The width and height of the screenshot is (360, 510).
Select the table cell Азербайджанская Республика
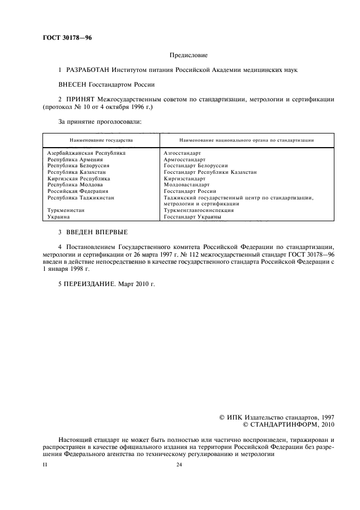(87, 153)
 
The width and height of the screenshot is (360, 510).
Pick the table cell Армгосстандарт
(185, 159)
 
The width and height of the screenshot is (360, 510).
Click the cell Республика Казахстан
(78, 172)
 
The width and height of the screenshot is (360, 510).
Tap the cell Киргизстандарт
(184, 178)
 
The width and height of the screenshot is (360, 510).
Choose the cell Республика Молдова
(75, 185)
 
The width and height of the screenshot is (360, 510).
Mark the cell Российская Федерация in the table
(78, 191)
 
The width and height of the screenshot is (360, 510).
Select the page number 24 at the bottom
(179, 465)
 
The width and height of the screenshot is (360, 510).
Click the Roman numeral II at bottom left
(45, 465)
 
